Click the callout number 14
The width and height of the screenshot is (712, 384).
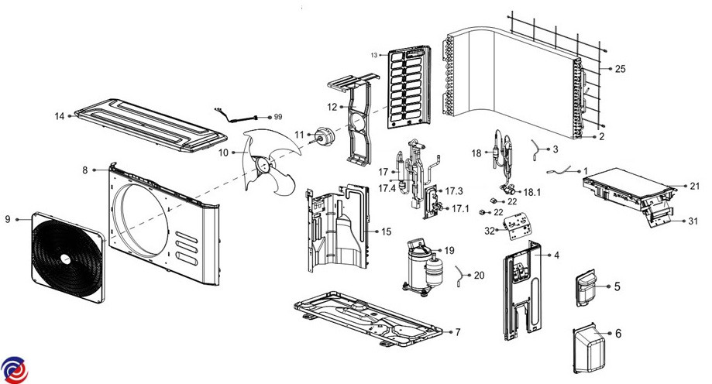(x=59, y=116)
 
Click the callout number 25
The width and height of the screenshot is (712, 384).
(x=620, y=69)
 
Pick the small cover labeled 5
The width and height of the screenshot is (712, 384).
(x=586, y=286)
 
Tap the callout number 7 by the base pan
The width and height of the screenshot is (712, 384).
(x=458, y=332)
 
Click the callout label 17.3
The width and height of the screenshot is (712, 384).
(x=454, y=190)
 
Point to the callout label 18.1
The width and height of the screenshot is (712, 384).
(x=533, y=191)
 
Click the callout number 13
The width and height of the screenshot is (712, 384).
(x=373, y=56)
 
